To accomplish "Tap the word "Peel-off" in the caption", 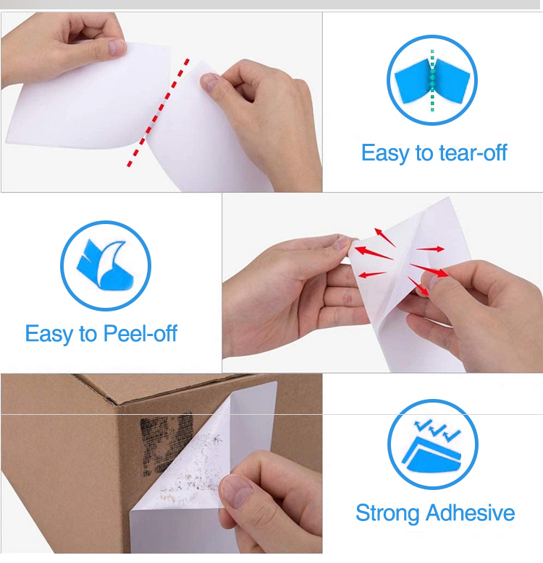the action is [x=140, y=333].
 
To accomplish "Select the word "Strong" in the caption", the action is [x=387, y=513].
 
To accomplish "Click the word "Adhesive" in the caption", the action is [x=471, y=512].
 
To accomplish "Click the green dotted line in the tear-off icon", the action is [x=432, y=80].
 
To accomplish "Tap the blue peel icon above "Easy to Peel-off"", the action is [x=105, y=265].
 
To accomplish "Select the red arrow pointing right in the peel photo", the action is [x=431, y=249].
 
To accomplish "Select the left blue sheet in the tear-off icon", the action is [x=413, y=82].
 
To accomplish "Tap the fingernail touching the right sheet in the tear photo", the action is [x=209, y=82].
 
